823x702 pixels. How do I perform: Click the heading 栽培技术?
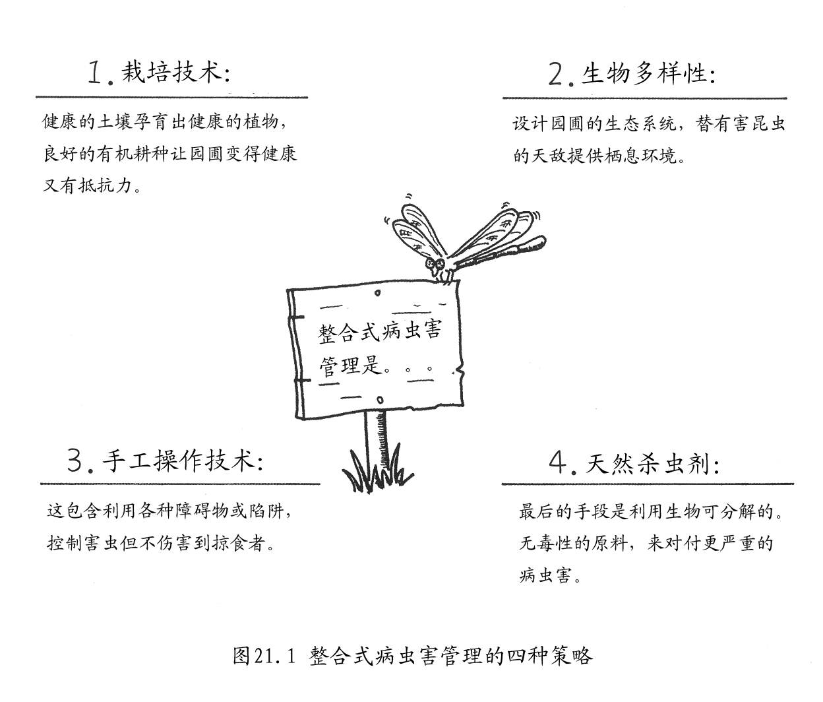172,73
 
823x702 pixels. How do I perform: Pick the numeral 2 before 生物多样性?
556,75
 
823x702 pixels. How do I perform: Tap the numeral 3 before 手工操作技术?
75,461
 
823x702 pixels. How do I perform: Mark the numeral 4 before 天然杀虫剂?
558,463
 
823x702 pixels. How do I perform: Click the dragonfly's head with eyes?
435,263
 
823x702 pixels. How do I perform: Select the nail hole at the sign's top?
377,293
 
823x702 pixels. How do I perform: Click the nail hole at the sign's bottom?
381,400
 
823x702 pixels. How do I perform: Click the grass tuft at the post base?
377,470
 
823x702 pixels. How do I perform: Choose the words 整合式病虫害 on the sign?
379,332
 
